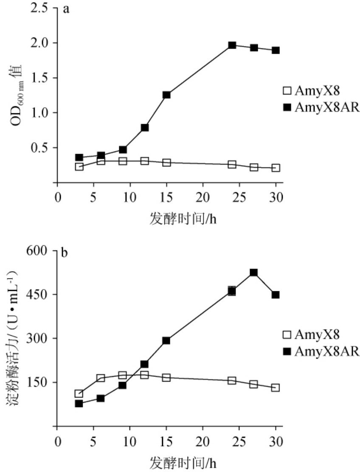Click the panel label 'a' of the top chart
point(66,10)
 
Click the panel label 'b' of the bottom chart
point(65,253)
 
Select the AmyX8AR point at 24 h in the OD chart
point(232,45)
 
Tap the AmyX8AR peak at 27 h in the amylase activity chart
point(254,273)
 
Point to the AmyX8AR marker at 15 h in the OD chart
point(166,95)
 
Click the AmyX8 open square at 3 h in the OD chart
point(79,167)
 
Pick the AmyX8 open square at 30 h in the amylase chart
point(276,388)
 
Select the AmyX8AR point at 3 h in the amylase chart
point(79,403)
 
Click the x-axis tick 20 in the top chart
point(203,198)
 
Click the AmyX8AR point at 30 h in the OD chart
point(276,50)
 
